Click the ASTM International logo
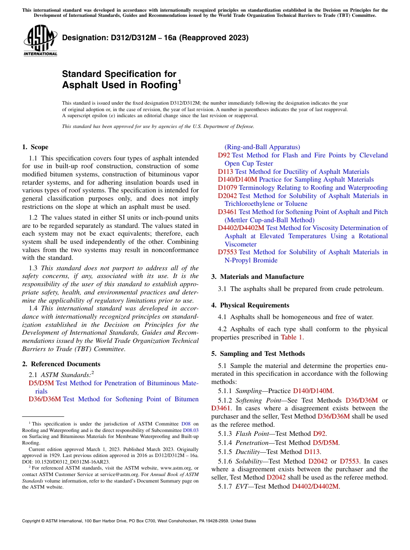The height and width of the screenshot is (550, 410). point(40,41)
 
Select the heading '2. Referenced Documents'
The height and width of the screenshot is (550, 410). point(61,364)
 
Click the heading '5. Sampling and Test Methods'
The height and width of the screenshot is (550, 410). point(258,354)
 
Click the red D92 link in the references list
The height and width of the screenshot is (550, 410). point(224,155)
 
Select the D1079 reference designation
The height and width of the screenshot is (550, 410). point(227,188)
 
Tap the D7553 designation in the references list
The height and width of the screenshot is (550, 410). point(227,252)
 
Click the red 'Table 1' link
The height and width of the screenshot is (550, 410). point(292,337)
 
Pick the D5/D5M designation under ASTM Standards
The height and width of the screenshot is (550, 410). point(41,383)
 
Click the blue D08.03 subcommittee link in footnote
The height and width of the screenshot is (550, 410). point(191,430)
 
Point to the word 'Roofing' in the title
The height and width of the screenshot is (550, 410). point(158,85)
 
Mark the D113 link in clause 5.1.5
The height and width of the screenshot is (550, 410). point(312,452)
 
